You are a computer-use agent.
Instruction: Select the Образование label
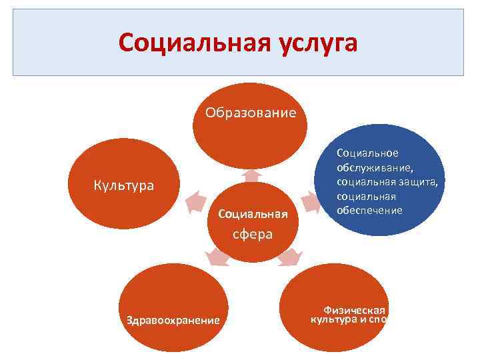(250, 112)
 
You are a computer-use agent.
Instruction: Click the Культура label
(123, 185)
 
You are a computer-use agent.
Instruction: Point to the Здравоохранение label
(173, 320)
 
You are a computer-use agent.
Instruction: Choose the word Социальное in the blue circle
(367, 153)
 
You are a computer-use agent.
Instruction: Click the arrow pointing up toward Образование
(251, 175)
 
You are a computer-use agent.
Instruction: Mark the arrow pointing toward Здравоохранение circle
(216, 257)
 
